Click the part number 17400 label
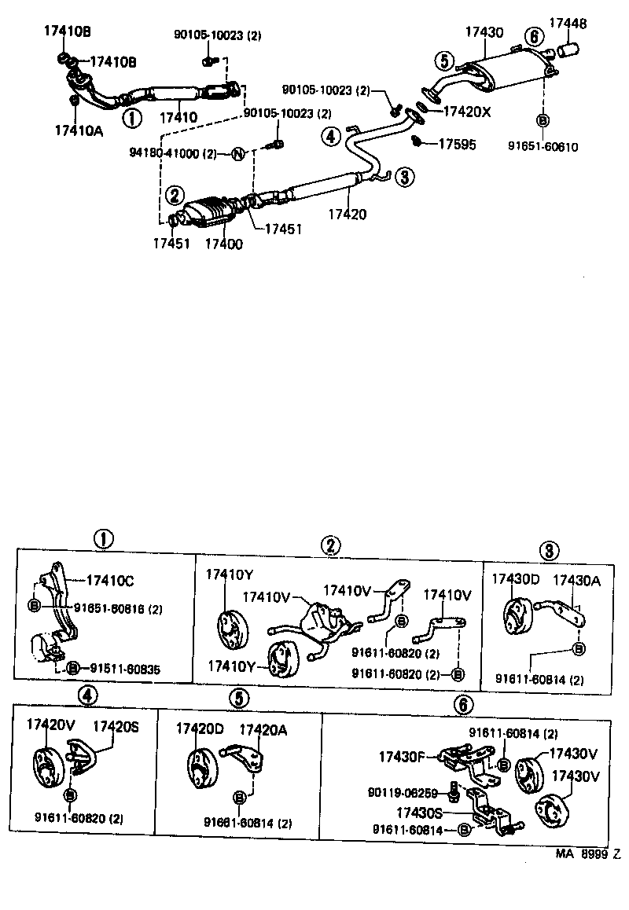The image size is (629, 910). pos(223,244)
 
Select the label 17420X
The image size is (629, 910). pos(467,112)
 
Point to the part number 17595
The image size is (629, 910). pos(458,144)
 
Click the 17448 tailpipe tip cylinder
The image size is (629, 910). pos(568,52)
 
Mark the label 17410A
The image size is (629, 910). pos(79,130)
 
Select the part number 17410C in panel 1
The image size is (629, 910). pos(110,581)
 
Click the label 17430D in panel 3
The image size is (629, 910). pos(516,579)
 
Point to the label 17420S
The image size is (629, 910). pos(116,726)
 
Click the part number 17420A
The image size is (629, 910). pos(263,730)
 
